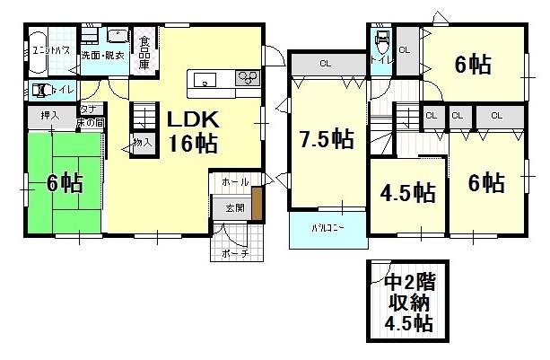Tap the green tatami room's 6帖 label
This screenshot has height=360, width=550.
65,183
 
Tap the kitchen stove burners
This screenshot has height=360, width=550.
247,80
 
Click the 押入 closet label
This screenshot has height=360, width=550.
51,116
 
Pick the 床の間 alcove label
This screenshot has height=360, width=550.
91,122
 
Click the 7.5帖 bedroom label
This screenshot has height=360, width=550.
325,139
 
